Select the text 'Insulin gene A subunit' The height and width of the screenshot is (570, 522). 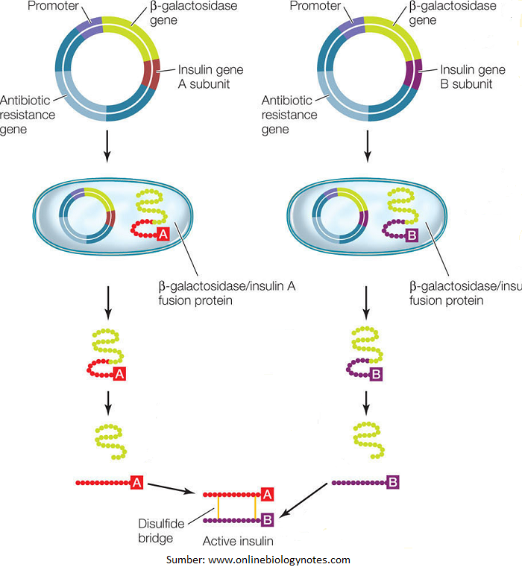(210, 77)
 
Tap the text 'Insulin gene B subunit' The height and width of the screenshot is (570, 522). (471, 77)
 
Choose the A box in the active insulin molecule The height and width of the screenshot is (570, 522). (266, 494)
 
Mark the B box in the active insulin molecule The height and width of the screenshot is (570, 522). (266, 519)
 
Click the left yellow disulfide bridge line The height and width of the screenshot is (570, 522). (218, 507)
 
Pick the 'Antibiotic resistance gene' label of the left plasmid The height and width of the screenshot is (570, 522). (30, 114)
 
